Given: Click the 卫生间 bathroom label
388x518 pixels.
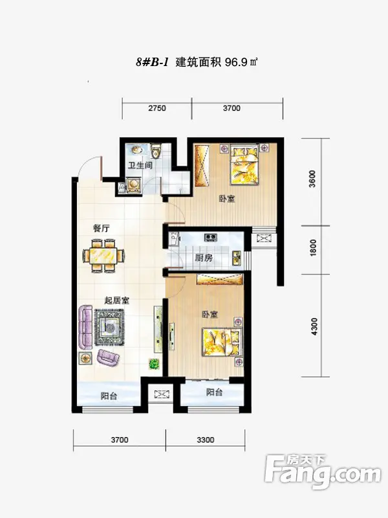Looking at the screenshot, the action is [x=140, y=165].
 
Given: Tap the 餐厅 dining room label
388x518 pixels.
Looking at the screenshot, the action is [x=102, y=229].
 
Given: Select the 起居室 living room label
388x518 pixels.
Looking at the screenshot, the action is [x=117, y=300].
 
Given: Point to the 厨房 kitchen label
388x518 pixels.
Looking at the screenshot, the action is [x=204, y=258].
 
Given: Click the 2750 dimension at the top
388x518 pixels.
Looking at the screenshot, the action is [x=157, y=108].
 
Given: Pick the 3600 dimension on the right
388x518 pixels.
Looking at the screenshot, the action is [x=312, y=179].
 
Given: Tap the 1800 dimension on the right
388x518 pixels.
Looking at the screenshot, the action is [x=313, y=247].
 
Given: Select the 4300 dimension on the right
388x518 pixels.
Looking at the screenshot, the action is [x=314, y=326].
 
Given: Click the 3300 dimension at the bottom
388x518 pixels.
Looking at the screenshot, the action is [x=206, y=440].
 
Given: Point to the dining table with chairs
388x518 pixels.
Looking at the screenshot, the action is [x=103, y=255].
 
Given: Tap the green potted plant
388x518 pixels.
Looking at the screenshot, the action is [x=155, y=364].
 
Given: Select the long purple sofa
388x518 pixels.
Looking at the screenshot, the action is [x=85, y=327].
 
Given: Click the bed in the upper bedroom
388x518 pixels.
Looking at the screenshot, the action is [x=244, y=165].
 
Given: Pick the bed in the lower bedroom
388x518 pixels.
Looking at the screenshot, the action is [x=222, y=343].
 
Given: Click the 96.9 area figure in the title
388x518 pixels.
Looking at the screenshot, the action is [x=236, y=62].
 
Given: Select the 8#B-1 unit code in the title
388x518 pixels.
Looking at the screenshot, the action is [x=153, y=62].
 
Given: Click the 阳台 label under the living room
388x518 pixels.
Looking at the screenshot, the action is [x=109, y=396].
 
